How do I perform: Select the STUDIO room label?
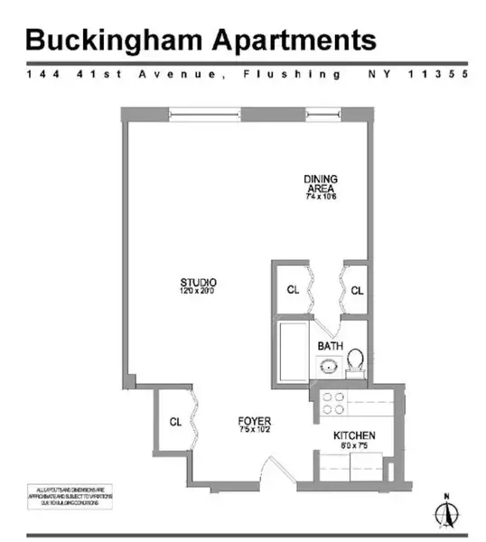point(198,283)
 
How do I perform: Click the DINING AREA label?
point(320,183)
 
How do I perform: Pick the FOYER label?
point(255,421)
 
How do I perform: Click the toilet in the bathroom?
point(355,360)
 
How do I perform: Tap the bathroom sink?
point(328,367)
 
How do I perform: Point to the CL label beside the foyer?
point(175,422)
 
